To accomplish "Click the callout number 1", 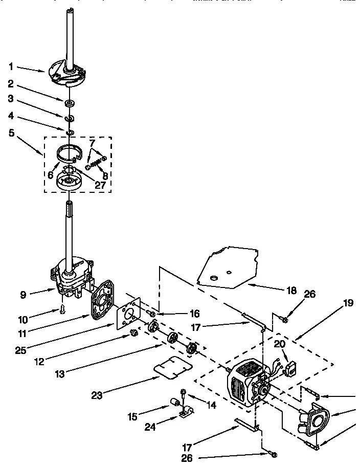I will point(11,66).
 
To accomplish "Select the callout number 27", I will point(101,185).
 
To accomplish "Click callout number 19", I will point(348,302).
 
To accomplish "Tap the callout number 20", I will point(279,344).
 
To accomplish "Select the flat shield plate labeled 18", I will point(228,266).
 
